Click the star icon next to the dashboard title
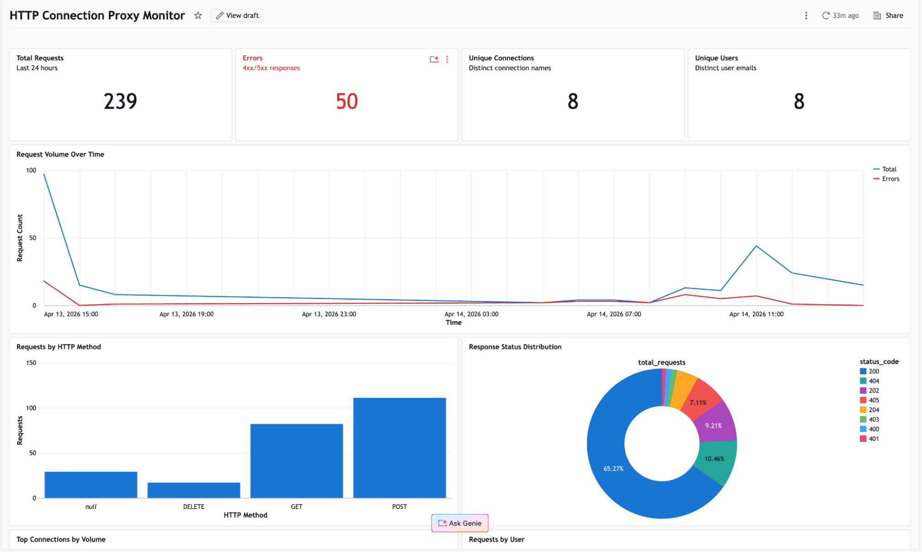(x=198, y=15)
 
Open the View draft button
(x=238, y=15)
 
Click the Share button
(x=888, y=15)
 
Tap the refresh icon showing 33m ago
(x=826, y=15)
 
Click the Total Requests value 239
(x=120, y=102)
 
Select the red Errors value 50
(x=347, y=102)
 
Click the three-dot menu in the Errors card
(x=447, y=59)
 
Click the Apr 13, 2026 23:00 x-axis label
(x=329, y=314)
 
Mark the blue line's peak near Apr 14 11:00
(x=756, y=246)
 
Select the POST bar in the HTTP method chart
(x=399, y=448)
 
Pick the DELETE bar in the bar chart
(x=194, y=490)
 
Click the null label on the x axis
(x=91, y=507)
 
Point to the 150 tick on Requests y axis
(x=31, y=363)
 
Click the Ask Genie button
(x=460, y=523)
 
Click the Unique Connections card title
(x=501, y=58)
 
